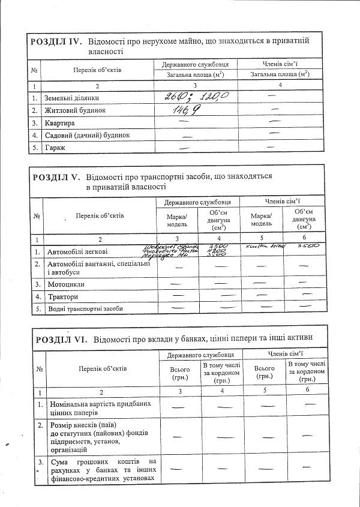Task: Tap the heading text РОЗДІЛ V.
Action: (x=56, y=178)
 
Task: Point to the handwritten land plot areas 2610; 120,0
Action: (x=197, y=97)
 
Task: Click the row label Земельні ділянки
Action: (x=71, y=98)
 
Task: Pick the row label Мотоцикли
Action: (x=66, y=284)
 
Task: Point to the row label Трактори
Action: (x=63, y=296)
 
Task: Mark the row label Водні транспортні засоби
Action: (x=85, y=308)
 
